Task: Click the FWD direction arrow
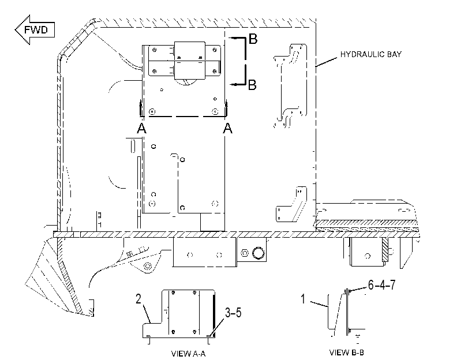click(35, 30)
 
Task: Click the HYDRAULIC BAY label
click(370, 54)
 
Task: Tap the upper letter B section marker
click(253, 39)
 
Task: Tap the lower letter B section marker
click(252, 85)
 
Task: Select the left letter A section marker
click(141, 128)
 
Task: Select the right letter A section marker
click(227, 128)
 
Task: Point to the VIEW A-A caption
click(188, 354)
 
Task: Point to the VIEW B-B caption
click(346, 352)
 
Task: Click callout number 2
click(138, 299)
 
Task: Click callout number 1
click(303, 299)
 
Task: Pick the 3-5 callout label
click(233, 313)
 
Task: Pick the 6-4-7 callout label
click(382, 285)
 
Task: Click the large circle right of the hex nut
click(258, 253)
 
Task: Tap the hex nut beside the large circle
click(245, 253)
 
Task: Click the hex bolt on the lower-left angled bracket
click(147, 266)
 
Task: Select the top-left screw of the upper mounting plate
click(154, 50)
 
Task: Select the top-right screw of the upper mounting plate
click(214, 50)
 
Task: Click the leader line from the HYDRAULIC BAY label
click(327, 61)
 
